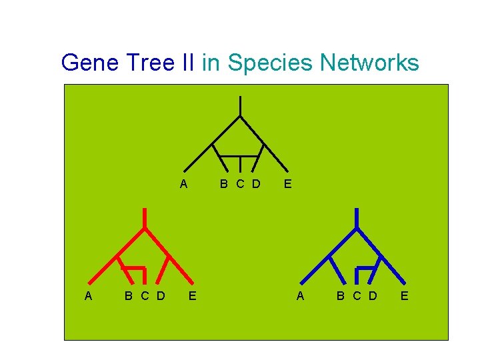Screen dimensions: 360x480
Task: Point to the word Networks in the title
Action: [369, 63]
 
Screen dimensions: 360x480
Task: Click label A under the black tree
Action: [184, 184]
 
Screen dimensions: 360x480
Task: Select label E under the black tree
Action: [287, 184]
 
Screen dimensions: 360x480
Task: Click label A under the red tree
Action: [89, 295]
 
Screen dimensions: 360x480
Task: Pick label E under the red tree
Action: [192, 295]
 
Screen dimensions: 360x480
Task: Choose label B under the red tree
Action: [129, 295]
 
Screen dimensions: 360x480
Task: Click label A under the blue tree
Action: [300, 295]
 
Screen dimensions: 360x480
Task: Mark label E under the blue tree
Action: [404, 295]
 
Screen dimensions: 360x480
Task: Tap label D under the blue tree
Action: [373, 295]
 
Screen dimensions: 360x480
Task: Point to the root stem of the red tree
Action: [145, 217]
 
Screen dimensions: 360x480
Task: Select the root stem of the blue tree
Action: [357, 217]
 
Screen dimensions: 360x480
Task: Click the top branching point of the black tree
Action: [240, 116]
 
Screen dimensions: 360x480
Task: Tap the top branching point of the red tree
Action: [145, 228]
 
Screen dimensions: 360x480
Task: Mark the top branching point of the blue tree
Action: [357, 228]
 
